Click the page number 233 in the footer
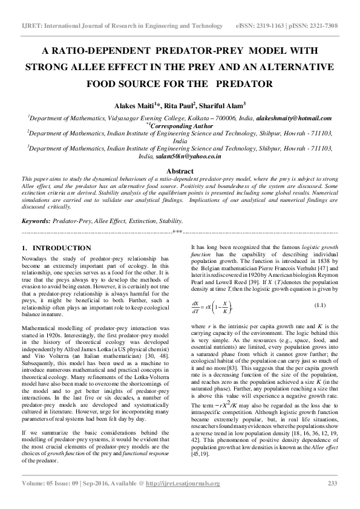pyautogui.click(x=332, y=483)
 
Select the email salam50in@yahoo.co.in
pyautogui.click(x=188, y=157)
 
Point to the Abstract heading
pyautogui.click(x=180, y=171)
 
